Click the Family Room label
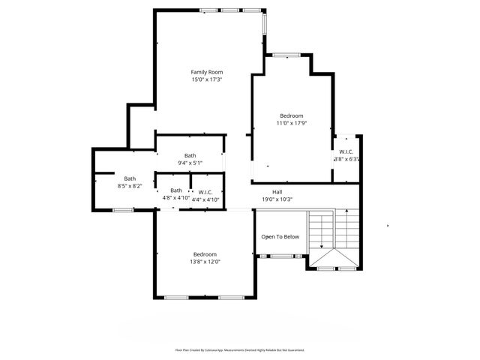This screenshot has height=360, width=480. [206, 72]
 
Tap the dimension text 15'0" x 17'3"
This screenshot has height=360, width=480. [206, 79]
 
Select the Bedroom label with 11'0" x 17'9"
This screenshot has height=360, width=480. [291, 115]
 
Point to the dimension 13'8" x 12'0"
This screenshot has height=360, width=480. [205, 262]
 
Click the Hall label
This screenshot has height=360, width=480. [277, 192]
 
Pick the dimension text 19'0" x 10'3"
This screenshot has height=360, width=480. [277, 199]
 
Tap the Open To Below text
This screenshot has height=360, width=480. [280, 237]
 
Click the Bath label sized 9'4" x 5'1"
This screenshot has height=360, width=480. [190, 155]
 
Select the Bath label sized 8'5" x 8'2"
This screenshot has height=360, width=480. [130, 178]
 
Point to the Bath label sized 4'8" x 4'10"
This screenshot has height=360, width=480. [175, 190]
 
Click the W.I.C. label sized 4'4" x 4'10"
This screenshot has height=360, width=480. [205, 192]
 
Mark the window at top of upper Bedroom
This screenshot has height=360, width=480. [286, 55]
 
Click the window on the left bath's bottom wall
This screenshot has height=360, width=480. [122, 211]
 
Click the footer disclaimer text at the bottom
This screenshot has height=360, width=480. [240, 349]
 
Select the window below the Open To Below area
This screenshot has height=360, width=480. [281, 256]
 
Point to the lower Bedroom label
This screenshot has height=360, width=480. [205, 253]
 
